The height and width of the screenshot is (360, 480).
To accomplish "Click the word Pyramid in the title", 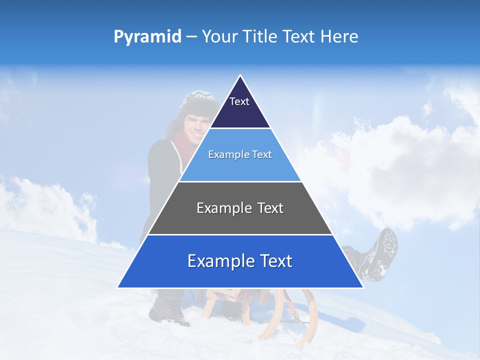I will pos(147,37).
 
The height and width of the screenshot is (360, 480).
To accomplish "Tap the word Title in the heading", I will pos(260,37).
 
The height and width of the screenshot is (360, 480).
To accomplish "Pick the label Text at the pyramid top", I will pos(239,101).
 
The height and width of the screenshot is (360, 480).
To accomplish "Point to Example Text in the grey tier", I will pos(240,208).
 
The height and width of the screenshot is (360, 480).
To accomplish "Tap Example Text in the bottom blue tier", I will pos(240,261).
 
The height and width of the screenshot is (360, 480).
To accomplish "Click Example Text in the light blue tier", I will pos(240,154).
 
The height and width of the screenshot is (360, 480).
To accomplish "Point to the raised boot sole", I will pos(385,250).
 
